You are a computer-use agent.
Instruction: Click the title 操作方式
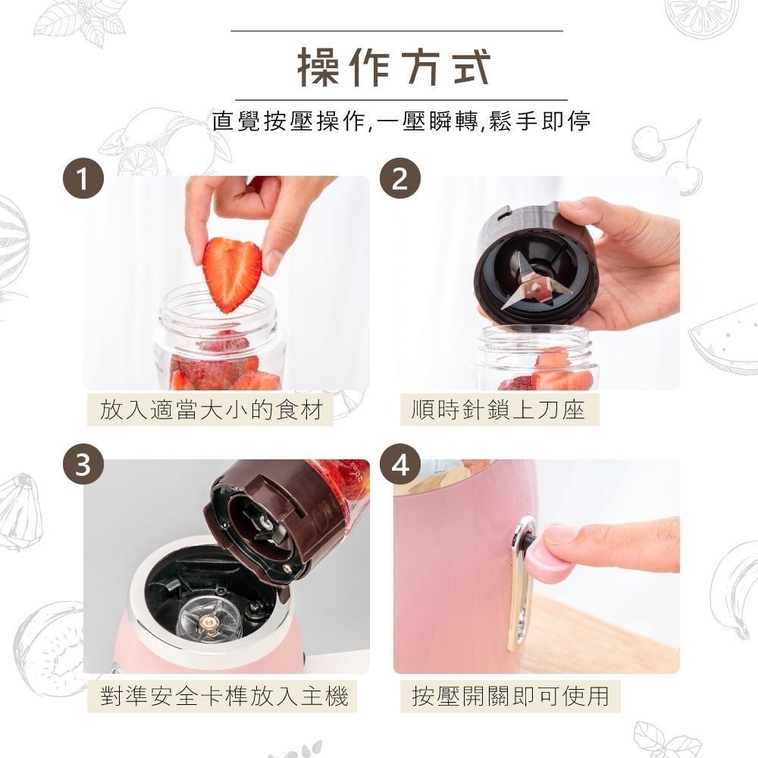(394, 67)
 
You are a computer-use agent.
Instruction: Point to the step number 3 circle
(84, 465)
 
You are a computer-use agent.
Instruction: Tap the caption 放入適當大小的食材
(211, 410)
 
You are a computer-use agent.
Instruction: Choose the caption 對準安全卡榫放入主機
(224, 696)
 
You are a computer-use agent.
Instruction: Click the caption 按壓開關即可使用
(510, 696)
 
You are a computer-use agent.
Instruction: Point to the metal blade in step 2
(528, 282)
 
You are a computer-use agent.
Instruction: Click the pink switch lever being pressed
(546, 559)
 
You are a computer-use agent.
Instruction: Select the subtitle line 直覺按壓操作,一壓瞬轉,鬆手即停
(401, 121)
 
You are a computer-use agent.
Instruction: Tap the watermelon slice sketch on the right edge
(724, 330)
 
